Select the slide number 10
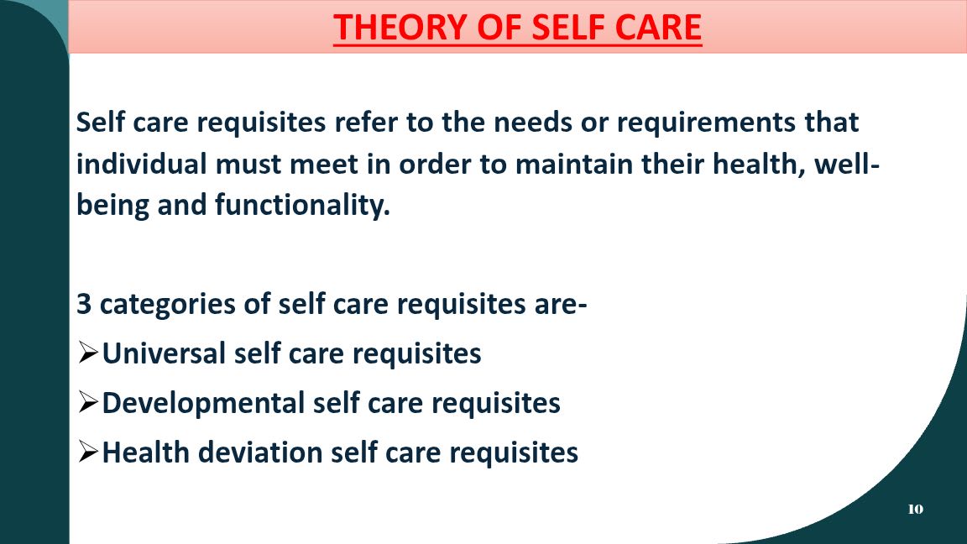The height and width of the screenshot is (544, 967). coord(915,509)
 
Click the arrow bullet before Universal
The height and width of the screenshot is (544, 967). coord(88,353)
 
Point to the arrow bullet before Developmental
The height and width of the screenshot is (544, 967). coord(88,403)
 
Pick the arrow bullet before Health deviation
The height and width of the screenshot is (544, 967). coord(88,452)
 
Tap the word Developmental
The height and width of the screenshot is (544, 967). coord(203,403)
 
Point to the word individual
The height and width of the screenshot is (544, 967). coord(141,164)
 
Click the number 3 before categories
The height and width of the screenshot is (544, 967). coord(84,304)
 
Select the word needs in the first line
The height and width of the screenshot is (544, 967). coord(533,123)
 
